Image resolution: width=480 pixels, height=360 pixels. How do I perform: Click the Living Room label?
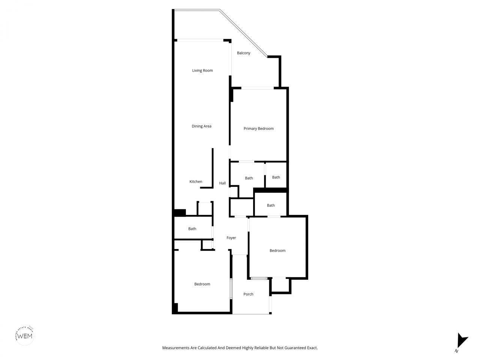point(202,70)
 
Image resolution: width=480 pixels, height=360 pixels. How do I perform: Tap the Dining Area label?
point(201,126)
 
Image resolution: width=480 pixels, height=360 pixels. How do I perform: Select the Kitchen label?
point(196,182)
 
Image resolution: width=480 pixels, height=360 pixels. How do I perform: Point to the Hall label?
point(222,183)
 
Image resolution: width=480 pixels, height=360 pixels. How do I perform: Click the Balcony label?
point(243,53)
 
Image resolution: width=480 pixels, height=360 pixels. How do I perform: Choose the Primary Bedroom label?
point(258,129)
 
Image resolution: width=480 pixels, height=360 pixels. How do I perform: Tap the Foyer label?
point(231,238)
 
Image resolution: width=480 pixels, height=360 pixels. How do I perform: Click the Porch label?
point(248,294)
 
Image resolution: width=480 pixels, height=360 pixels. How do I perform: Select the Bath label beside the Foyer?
point(192,229)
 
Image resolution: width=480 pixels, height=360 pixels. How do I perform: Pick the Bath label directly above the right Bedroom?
point(271,205)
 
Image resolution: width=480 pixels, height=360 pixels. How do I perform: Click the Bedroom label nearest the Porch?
point(202,284)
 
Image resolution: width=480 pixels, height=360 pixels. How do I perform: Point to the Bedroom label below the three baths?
point(277,251)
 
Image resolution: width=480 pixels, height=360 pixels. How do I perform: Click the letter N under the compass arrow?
point(456,351)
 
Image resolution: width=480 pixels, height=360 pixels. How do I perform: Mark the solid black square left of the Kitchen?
point(180,212)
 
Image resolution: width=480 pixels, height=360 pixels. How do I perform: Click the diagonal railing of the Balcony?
point(244,34)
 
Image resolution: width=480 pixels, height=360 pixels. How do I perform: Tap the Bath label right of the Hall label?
point(249,178)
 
